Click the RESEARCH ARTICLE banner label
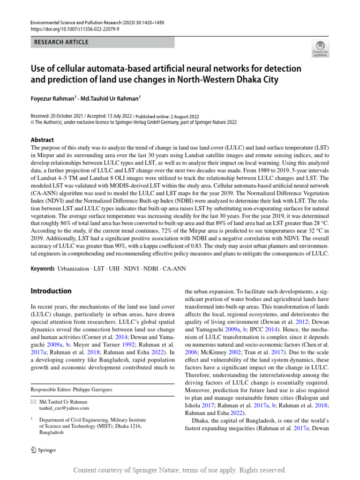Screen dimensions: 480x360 click(61, 43)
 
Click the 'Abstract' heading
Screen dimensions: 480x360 click(42, 140)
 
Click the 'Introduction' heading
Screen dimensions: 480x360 click(51, 291)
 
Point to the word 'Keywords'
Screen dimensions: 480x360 click(43, 269)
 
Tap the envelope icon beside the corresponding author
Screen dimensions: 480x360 click(33, 402)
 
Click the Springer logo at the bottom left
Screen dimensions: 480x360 click(43, 450)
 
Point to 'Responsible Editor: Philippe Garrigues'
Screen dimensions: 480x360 click(72, 390)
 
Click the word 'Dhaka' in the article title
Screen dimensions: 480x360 click(247, 80)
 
